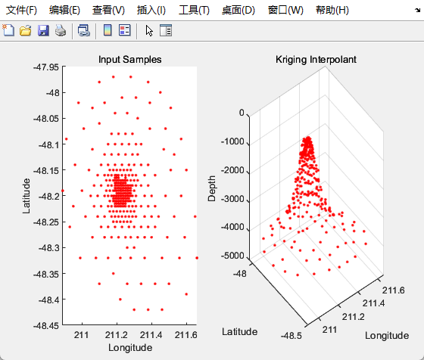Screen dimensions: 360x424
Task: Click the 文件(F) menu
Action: tap(21, 11)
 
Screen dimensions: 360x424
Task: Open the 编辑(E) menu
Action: tap(64, 11)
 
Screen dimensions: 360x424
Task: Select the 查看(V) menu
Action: tap(108, 11)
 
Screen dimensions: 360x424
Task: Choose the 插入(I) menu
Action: tap(151, 11)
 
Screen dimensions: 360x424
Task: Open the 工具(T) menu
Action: tap(194, 11)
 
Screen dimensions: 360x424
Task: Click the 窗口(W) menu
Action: tap(285, 11)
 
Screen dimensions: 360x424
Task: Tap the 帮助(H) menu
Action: tap(331, 11)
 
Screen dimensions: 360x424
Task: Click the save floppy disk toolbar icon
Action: tap(43, 31)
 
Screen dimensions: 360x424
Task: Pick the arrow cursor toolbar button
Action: tap(149, 31)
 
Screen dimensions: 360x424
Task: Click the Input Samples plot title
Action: tap(130, 60)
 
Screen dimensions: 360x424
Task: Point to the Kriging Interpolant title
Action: tap(316, 60)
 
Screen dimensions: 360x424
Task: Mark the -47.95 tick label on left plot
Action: tap(43, 67)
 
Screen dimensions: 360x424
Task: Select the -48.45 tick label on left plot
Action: tap(43, 325)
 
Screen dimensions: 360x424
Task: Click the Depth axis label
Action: tap(212, 185)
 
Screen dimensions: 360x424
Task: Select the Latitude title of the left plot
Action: tap(26, 195)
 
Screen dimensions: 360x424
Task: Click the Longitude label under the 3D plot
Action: tap(386, 335)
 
